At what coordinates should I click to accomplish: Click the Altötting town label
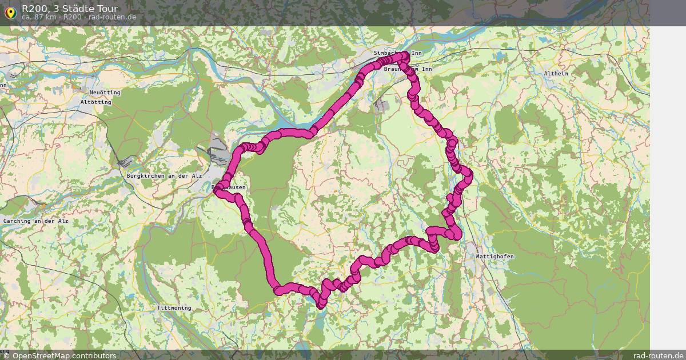96,102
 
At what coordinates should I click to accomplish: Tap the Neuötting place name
105,93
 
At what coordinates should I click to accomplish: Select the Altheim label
556,74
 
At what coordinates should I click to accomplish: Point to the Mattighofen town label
494,257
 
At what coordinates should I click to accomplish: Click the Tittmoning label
174,308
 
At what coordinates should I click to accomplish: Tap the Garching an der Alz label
35,221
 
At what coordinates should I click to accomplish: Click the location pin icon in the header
10,11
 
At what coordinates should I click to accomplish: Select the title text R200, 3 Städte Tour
70,8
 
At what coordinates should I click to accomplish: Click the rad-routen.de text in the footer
659,355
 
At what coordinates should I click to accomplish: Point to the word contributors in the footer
91,355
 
